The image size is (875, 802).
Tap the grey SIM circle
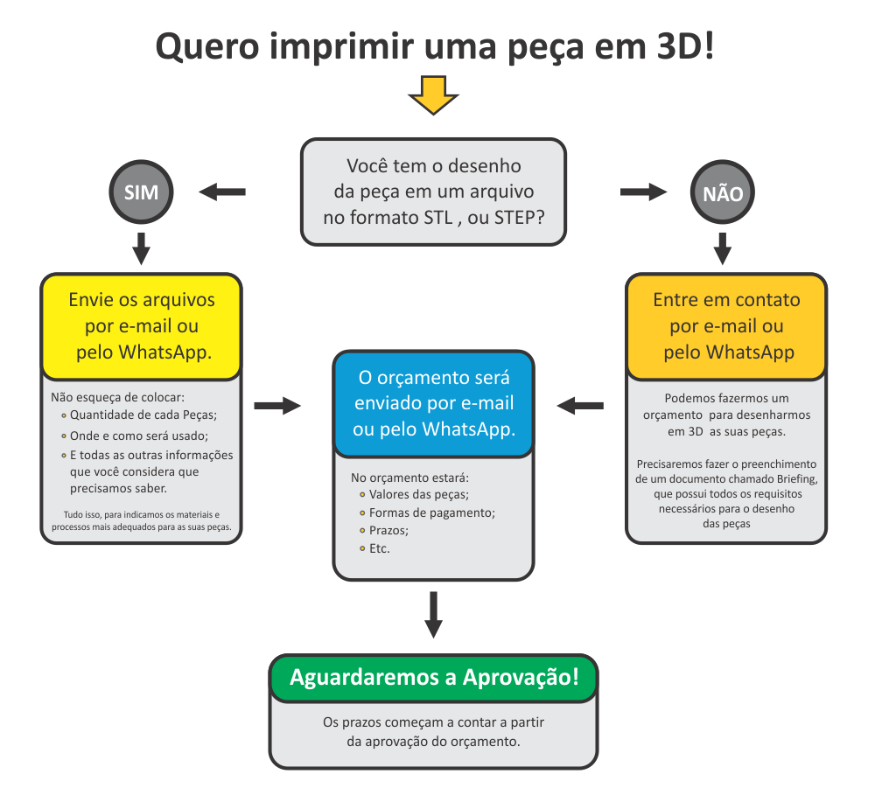141,192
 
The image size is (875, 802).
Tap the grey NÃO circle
723,193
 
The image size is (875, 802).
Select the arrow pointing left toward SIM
222,192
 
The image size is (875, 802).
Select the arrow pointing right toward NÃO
643,192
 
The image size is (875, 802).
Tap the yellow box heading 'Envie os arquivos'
142,325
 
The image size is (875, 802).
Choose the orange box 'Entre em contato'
726,325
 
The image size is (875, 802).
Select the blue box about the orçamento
433,403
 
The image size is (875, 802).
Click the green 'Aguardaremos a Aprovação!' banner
433,678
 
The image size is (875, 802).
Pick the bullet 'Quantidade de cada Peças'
143,415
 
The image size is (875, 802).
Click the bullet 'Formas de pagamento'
432,513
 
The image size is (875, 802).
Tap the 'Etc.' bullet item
379,548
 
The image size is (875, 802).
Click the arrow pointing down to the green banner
433,615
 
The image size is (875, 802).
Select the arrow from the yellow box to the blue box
276,406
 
